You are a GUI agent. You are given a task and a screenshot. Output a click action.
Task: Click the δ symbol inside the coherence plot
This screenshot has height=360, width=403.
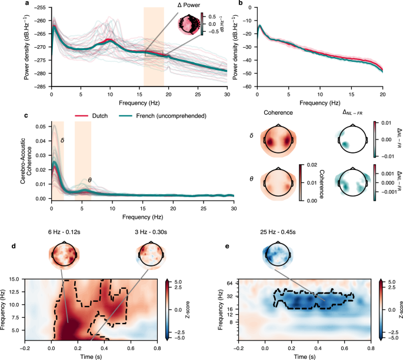(64, 140)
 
